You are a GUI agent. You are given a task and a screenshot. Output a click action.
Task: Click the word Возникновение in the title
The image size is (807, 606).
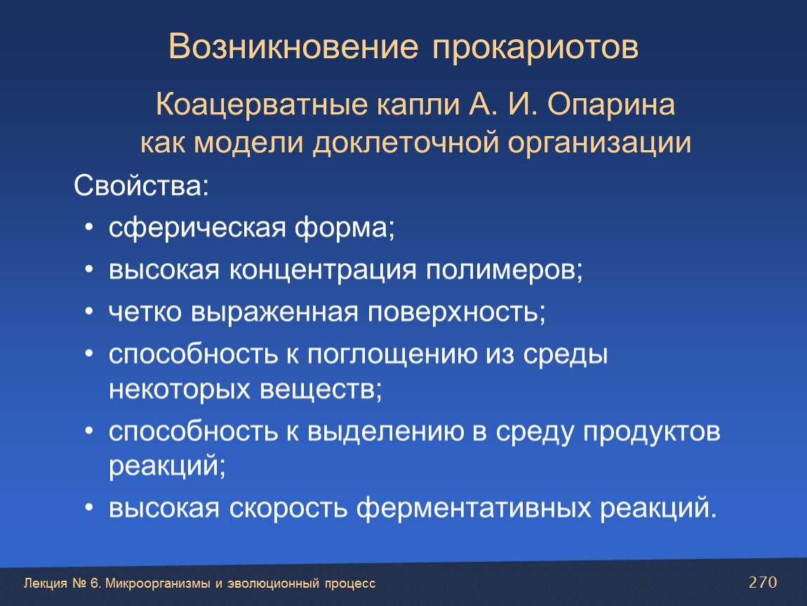(x=293, y=46)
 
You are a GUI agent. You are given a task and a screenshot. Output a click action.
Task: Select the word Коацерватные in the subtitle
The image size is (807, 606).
(x=262, y=105)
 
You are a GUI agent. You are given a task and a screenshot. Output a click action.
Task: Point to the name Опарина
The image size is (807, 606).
(x=611, y=105)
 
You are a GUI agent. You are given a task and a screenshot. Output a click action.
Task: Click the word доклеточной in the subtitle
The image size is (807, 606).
(x=406, y=142)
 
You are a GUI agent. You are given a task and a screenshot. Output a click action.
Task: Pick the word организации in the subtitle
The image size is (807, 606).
(x=599, y=144)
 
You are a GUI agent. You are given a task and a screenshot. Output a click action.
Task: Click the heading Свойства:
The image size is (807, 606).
(x=142, y=185)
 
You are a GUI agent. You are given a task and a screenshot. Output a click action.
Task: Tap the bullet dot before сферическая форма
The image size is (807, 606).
(x=89, y=227)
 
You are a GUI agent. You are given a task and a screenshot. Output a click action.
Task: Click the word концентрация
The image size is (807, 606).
(x=323, y=270)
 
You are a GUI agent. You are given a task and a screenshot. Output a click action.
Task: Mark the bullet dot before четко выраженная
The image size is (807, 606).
(x=89, y=311)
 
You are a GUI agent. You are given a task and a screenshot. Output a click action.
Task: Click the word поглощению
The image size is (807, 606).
(x=393, y=355)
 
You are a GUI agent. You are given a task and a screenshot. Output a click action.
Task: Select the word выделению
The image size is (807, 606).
(x=385, y=432)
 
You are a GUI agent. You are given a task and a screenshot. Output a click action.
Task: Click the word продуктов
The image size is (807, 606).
(x=652, y=432)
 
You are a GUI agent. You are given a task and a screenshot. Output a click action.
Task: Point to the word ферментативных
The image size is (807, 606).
(x=474, y=509)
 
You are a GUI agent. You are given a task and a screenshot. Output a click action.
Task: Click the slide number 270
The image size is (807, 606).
(x=763, y=582)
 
